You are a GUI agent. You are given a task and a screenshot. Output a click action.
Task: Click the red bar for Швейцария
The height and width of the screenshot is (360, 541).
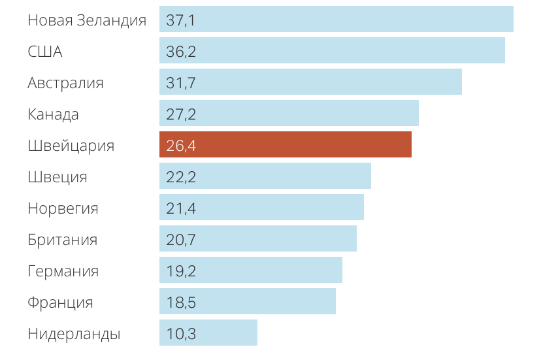click(286, 144)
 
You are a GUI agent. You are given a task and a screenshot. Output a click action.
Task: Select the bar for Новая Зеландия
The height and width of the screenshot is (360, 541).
click(336, 19)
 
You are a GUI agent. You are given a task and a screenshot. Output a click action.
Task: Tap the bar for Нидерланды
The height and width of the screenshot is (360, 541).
click(208, 333)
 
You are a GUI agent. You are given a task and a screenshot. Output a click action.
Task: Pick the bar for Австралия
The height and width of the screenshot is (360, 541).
click(310, 82)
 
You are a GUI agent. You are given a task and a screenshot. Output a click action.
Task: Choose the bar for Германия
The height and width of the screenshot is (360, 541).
click(251, 270)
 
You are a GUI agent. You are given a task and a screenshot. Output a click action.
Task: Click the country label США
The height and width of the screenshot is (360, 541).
click(45, 52)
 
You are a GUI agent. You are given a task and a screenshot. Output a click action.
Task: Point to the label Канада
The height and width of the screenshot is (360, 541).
click(53, 114)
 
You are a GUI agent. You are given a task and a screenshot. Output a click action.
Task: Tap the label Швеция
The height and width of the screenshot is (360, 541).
click(57, 177)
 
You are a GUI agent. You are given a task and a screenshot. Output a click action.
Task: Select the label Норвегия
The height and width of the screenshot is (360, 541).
click(63, 208)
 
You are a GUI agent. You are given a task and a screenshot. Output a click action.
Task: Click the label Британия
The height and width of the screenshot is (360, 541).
click(63, 240)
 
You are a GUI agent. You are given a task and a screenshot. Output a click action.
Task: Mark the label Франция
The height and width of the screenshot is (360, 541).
click(60, 303)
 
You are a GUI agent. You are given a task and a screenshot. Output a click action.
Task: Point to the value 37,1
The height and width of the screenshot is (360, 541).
click(181, 20)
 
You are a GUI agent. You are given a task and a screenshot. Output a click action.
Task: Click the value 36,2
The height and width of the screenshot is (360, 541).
click(181, 52)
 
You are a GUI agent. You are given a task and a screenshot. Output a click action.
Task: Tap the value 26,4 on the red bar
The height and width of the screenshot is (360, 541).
click(181, 146)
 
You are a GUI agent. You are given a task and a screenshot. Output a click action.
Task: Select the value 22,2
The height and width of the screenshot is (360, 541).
click(181, 177)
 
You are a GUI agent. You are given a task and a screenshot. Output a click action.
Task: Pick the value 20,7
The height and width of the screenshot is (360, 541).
click(181, 240)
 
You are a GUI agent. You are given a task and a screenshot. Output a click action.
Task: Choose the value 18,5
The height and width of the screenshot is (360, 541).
click(181, 303)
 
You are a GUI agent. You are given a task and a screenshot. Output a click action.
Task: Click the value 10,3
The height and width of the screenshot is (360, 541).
click(181, 334)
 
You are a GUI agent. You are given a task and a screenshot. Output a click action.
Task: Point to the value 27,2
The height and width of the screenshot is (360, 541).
click(181, 114)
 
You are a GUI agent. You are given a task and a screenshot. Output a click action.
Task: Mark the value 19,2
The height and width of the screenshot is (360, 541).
click(181, 271)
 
